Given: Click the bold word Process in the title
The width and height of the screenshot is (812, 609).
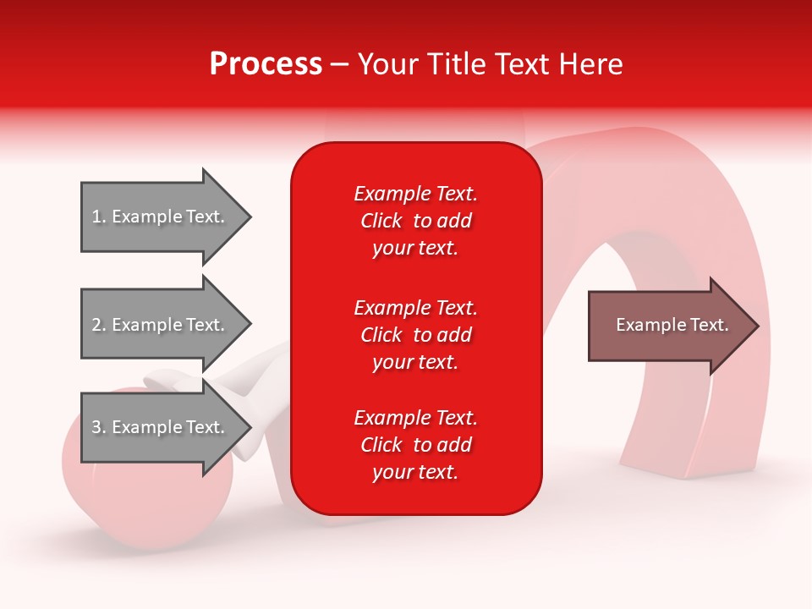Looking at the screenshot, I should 266,64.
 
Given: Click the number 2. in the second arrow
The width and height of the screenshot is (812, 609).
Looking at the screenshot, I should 99,325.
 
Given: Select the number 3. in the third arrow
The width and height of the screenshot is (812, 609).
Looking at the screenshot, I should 99,427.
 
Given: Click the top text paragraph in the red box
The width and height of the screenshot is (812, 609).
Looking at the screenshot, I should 415,221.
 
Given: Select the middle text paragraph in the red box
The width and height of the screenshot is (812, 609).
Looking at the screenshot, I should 415,335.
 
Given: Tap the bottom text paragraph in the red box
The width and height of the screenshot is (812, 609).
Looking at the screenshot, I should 415,445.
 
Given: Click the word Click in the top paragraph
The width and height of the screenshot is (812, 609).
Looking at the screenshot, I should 381,221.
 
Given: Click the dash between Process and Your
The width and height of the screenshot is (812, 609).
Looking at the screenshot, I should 340,65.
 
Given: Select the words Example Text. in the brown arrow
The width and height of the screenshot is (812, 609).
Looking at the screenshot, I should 672,325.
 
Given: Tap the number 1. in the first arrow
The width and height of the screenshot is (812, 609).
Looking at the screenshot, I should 99,217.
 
